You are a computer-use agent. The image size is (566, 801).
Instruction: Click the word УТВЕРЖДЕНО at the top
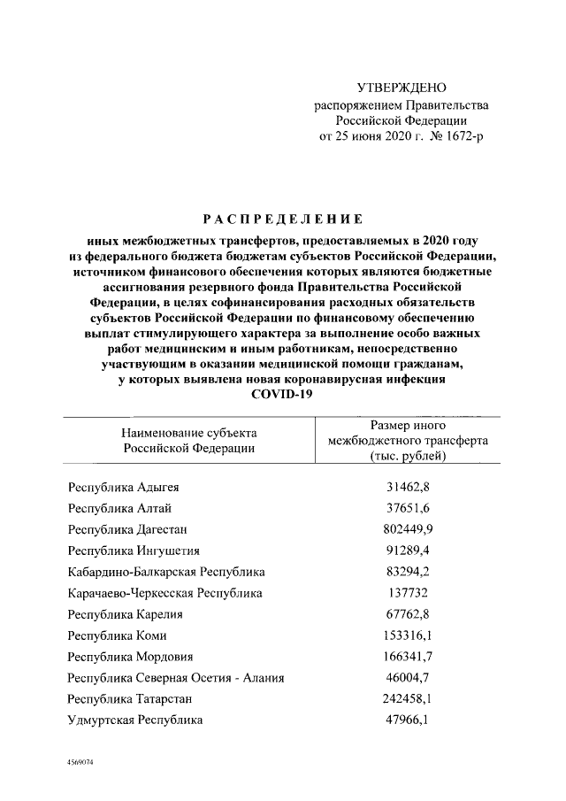[x=401, y=89]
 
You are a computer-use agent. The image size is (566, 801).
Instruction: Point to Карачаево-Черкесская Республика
[x=164, y=593]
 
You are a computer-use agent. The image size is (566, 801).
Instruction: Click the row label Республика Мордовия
[x=130, y=657]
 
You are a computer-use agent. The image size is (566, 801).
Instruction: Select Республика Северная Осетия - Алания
[x=176, y=678]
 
